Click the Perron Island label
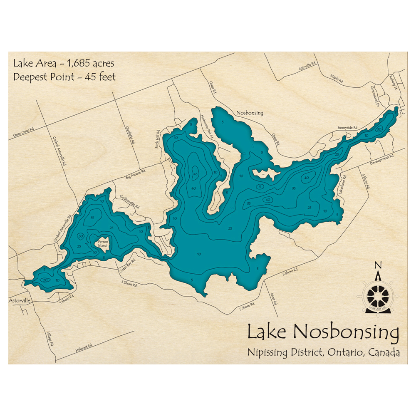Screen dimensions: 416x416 click(102, 243)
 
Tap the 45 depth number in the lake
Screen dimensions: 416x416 click(195, 174)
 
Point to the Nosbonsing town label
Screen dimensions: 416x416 click(250, 113)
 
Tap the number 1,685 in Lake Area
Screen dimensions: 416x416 click(75, 64)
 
